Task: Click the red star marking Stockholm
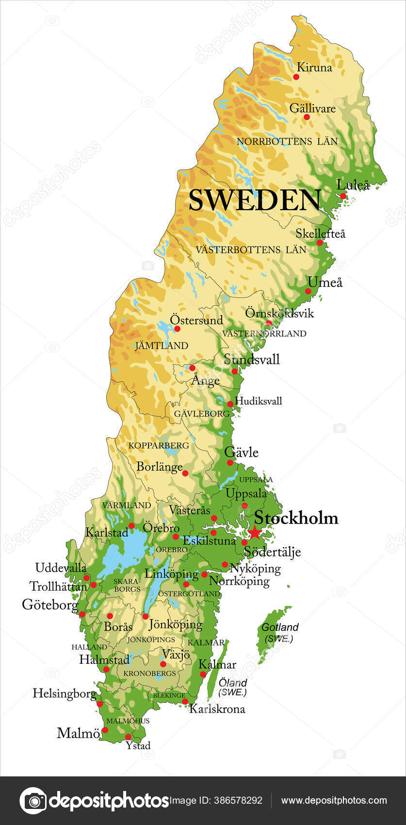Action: coord(255,533)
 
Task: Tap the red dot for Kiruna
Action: coord(297,77)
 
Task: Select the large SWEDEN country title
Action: coord(255,200)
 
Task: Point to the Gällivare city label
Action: coord(312,108)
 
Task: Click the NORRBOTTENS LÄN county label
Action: coord(287,142)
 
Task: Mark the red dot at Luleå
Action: coord(343,196)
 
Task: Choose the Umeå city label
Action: coord(325,282)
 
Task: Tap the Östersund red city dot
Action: coord(177,329)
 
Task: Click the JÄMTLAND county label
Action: coord(161,346)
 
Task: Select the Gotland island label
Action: coord(280,627)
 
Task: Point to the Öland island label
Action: coord(233,683)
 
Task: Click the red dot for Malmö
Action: coord(105,729)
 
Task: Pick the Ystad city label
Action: coord(138,745)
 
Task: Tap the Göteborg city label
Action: coord(50,605)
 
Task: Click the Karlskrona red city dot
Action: coord(185,701)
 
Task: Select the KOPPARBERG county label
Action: coord(159,445)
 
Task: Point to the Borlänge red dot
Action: coord(185,473)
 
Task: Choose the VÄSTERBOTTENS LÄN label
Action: coord(251,250)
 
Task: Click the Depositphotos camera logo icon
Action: coord(33,800)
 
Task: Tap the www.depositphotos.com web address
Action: coord(334,801)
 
